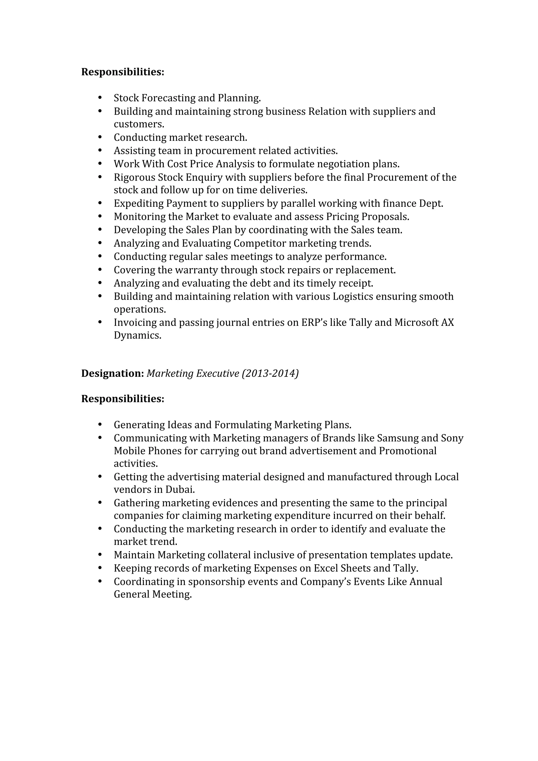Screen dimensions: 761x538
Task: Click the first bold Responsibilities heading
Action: (x=123, y=72)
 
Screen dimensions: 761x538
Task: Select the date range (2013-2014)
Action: (x=270, y=373)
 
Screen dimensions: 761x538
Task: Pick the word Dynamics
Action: (x=137, y=335)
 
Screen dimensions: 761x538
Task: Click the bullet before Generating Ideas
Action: (x=100, y=425)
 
